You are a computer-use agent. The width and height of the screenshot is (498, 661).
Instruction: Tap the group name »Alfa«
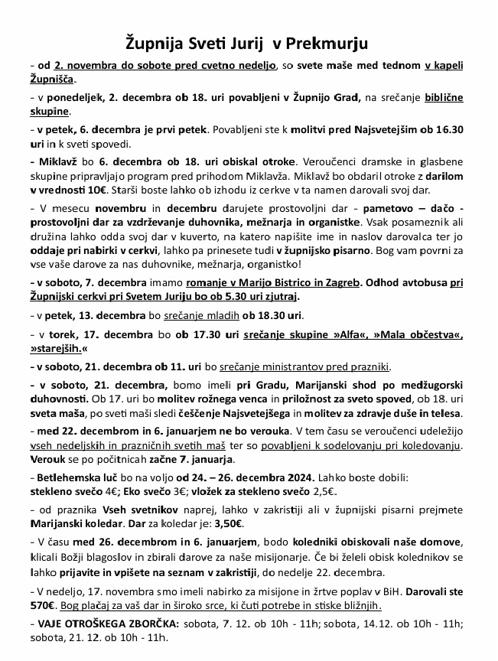coord(340,335)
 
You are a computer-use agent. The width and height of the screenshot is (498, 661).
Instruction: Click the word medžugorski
coord(425,386)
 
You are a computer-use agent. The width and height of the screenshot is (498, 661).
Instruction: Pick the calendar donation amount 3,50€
coord(228,524)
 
